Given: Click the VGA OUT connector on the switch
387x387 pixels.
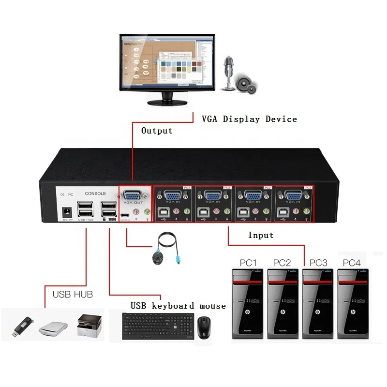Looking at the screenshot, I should pos(131,196).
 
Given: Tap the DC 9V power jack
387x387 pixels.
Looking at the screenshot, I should pos(67,211).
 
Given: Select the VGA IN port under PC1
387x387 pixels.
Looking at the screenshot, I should pos(292,196).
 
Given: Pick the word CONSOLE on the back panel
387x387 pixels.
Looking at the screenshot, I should pos(95,193).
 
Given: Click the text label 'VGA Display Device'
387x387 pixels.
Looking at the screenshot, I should pos(249,119).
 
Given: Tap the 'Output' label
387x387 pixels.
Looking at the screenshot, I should pos(157,131).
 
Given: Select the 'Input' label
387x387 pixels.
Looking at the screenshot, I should pos(261,235).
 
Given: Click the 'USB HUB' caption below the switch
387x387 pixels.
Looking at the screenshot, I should pos(73,294).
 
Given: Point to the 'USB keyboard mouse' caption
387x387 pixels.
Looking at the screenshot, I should pos(178,306).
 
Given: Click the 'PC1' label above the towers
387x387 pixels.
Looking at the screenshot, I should pos(248,263).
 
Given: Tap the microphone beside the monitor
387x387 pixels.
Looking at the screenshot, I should pos(227,73).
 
